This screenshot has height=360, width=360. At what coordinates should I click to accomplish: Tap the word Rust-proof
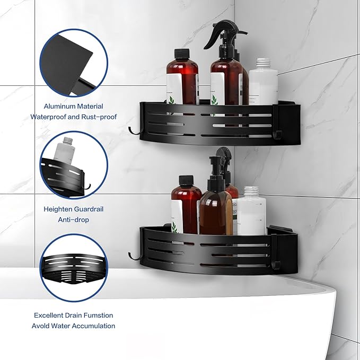pos(99,117)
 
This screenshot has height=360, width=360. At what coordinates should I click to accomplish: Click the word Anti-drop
pos(74,219)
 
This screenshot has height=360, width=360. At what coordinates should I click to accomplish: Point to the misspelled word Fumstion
pos(98,315)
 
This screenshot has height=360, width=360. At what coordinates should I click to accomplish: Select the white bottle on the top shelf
pos(263,82)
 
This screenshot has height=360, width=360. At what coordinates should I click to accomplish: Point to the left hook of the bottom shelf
pos(134,256)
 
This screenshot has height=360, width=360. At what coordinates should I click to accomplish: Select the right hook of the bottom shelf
pos(275,265)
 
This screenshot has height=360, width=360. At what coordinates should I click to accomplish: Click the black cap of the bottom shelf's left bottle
pos(186,181)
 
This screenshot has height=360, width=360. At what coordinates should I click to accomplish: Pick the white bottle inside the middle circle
pos(65,151)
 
